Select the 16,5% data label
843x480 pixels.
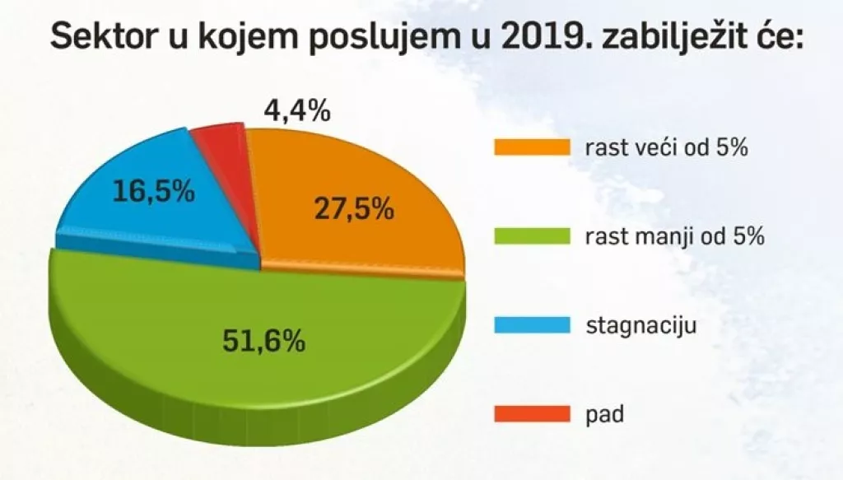pos(154,193)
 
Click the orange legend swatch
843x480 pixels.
pos(532,147)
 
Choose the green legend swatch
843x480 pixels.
pos(532,236)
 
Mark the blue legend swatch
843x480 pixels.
pos(532,325)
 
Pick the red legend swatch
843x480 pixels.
pos(532,413)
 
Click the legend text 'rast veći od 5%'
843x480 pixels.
pos(666,148)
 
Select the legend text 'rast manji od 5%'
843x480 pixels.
pos(675,237)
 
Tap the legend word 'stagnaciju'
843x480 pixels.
pos(641,326)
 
